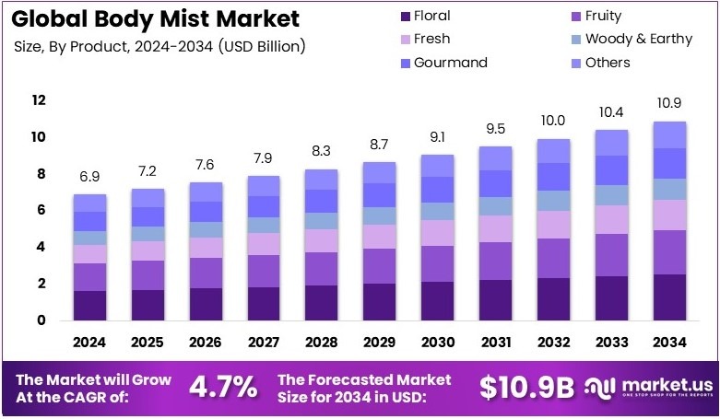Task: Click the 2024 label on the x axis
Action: (x=89, y=343)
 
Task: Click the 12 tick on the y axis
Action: (x=39, y=100)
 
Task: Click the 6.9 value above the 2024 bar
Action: (x=89, y=174)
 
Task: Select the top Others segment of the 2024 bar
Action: (x=89, y=203)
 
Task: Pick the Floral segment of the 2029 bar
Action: (x=378, y=301)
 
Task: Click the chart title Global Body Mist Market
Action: (x=157, y=18)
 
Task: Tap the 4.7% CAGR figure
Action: (x=222, y=387)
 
